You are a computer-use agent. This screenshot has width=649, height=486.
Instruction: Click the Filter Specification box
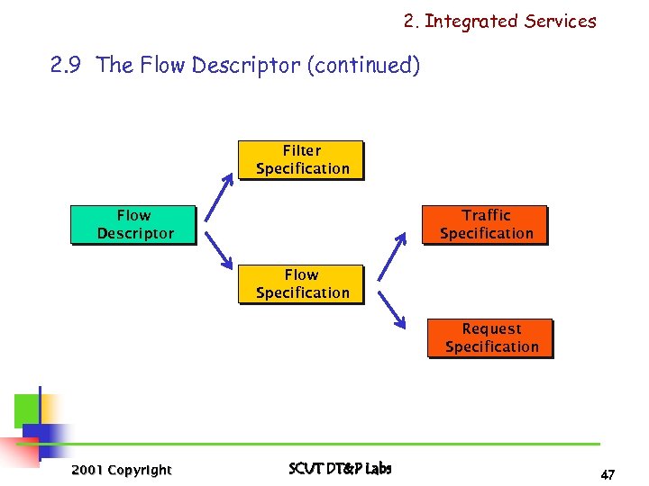(x=301, y=160)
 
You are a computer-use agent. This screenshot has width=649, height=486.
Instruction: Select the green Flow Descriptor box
(x=133, y=225)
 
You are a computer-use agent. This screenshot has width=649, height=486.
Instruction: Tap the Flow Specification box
(x=301, y=284)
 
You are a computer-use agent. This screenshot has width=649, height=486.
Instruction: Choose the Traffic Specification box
(x=486, y=225)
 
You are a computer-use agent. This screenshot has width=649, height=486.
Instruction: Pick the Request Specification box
(x=490, y=338)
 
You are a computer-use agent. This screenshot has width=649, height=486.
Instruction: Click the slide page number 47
(x=608, y=474)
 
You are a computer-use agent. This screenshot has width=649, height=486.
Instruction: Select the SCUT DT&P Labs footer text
(x=340, y=468)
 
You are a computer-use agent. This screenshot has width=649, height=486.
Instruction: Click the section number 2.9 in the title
(x=69, y=66)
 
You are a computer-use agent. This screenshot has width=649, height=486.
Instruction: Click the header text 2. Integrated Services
(x=499, y=22)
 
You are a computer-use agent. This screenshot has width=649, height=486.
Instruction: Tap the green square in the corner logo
(x=26, y=410)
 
